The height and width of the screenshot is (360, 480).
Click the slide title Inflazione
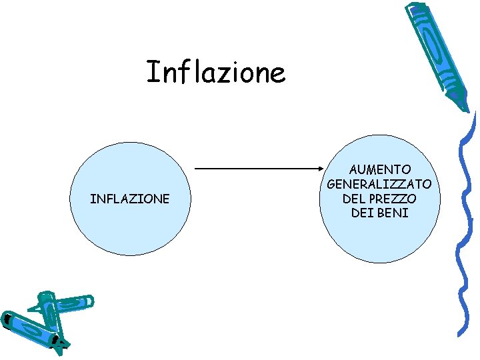215,72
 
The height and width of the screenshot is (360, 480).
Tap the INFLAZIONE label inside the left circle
130,199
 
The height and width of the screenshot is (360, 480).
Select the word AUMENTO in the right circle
380,170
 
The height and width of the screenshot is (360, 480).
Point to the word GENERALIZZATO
380,184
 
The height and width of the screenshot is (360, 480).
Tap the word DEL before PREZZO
355,199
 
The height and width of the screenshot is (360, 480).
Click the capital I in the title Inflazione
151,72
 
